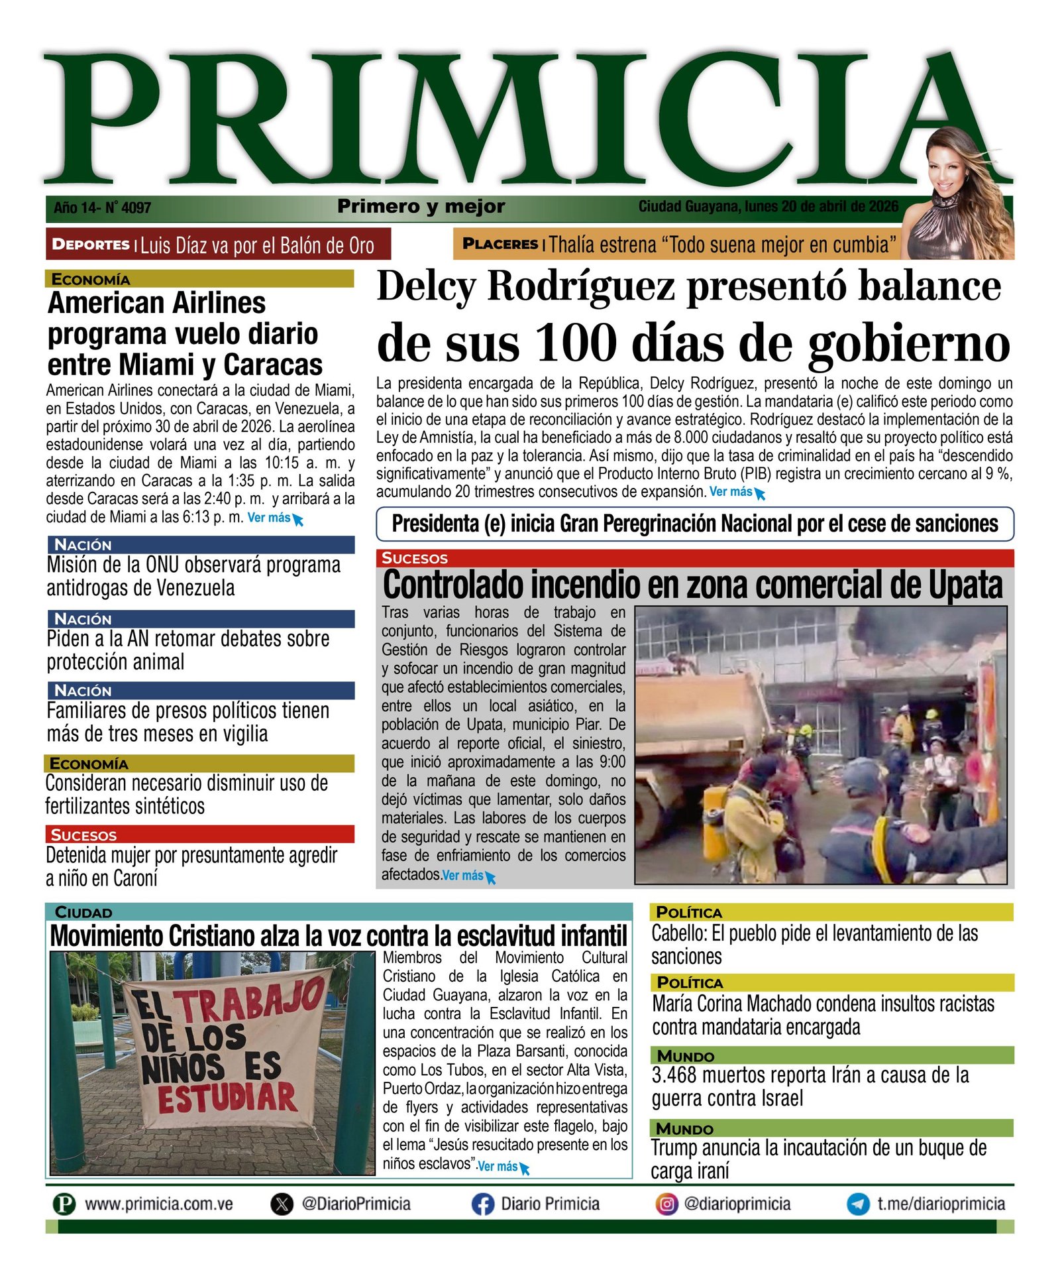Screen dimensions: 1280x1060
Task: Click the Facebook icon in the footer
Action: tap(482, 1204)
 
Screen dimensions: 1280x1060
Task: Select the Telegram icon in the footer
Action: tap(858, 1204)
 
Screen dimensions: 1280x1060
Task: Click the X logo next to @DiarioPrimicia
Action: tap(282, 1204)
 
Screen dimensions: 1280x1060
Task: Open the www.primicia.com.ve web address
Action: tap(159, 1204)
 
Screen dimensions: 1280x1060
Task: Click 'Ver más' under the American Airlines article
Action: tap(269, 518)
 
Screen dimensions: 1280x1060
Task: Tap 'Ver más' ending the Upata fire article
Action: tap(463, 875)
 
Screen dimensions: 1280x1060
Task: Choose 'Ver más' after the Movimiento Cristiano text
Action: tap(498, 1166)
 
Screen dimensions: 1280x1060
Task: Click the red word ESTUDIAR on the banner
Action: tap(227, 1098)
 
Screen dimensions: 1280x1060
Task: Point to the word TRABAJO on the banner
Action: tap(252, 1001)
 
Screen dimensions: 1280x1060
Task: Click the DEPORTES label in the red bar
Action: tap(90, 244)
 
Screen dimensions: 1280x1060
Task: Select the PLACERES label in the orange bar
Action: tap(500, 244)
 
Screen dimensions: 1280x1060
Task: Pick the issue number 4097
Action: tap(136, 207)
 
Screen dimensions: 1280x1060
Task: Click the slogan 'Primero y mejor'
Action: tap(421, 206)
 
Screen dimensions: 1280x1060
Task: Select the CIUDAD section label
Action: tap(83, 912)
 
